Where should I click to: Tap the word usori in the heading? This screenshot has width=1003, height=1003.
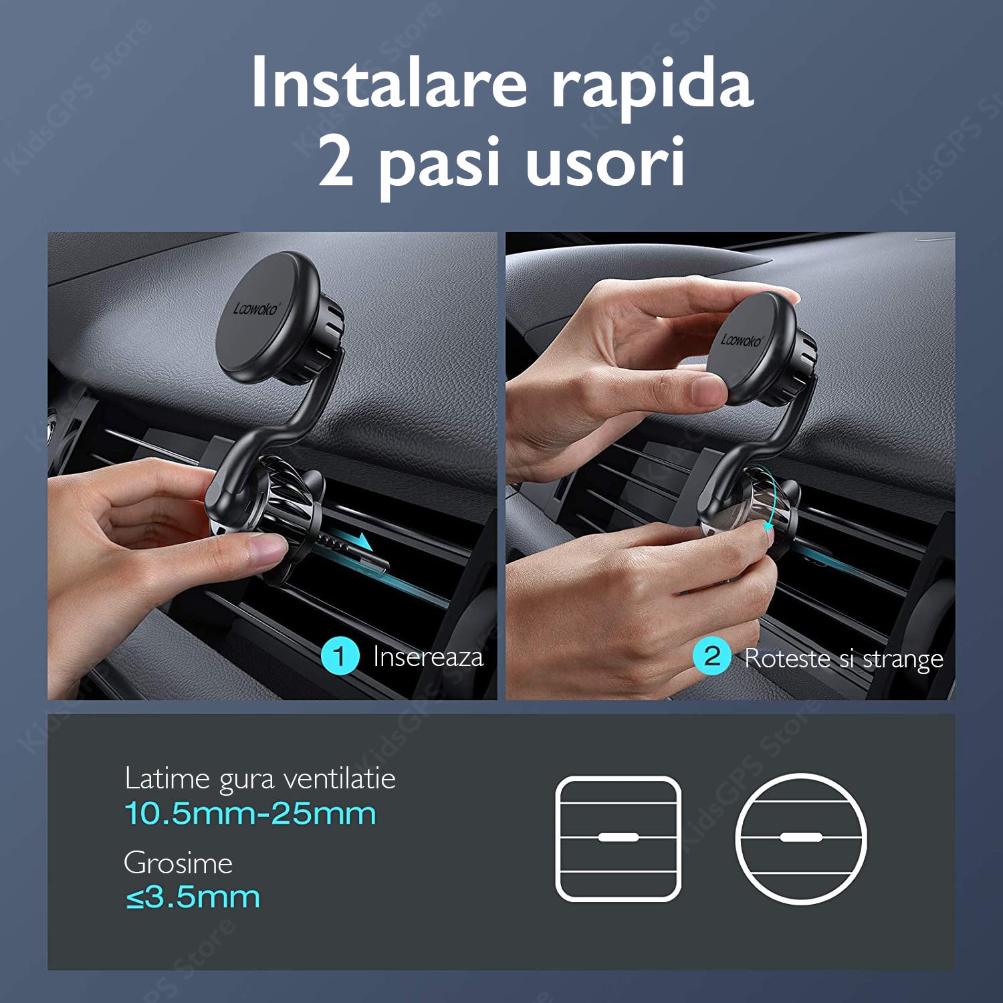coord(606,162)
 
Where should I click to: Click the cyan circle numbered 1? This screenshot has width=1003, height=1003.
coord(340,657)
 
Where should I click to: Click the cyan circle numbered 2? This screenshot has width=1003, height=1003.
coord(712,657)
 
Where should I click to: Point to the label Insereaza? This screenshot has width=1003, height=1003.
coord(428,657)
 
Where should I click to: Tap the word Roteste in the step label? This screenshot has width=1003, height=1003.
coord(787,658)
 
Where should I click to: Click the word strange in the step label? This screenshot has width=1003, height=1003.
coord(903,660)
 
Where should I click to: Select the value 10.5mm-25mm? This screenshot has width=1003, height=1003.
coord(250,814)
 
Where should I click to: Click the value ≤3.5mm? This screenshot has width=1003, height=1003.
coord(193,897)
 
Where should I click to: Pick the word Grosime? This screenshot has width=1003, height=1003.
coord(179,863)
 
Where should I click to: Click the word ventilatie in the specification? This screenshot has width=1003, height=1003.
coord(339,779)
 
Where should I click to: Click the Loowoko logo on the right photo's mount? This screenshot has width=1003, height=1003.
coord(742,339)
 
